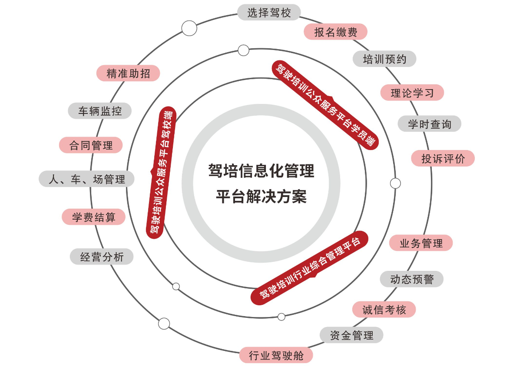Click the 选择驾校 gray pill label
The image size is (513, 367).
[269, 13]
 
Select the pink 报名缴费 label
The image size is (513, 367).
[336, 32]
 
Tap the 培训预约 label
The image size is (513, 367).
[384, 59]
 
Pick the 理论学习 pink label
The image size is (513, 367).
[412, 93]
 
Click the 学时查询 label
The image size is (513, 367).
[430, 124]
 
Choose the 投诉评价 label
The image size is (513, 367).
[443, 158]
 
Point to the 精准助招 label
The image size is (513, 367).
[128, 73]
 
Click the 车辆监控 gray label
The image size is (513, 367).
[100, 110]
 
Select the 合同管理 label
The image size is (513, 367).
[91, 145]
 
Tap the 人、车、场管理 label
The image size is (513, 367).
[87, 179]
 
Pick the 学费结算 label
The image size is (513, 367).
[93, 217]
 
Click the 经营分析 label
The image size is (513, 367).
[102, 257]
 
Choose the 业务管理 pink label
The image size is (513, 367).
[421, 243]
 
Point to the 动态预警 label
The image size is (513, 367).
[412, 279]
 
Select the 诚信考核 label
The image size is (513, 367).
[384, 309]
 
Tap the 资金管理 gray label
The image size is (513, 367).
[351, 335]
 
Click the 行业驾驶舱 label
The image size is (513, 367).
[276, 355]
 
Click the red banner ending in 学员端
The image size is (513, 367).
[325, 105]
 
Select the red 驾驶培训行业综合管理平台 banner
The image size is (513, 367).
[310, 268]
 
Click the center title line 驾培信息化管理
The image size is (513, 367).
[261, 170]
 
